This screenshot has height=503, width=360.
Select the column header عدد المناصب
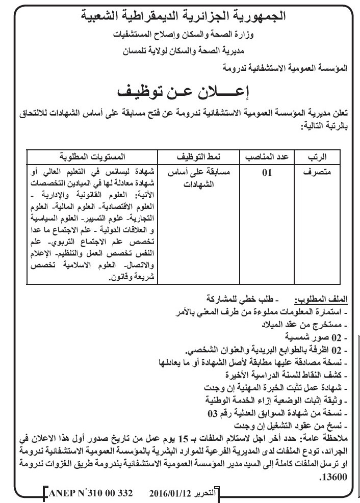coord(268,155)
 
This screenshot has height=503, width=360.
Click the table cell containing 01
coord(267,173)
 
